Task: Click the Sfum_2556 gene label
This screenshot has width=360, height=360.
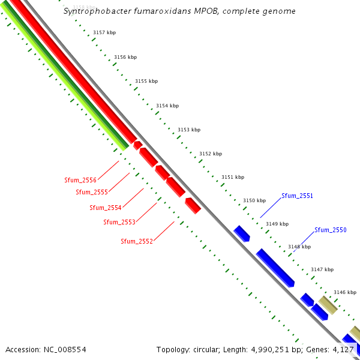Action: (x=80, y=180)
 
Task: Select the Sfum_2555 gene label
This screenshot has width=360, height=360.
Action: (x=92, y=192)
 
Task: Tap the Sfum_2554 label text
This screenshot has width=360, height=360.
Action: (x=106, y=208)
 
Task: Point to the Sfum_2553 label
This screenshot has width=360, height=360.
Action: (x=119, y=222)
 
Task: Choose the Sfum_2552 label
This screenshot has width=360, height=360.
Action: (x=137, y=241)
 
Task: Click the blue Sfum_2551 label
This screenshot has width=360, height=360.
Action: (x=298, y=196)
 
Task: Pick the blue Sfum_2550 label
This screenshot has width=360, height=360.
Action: (x=331, y=230)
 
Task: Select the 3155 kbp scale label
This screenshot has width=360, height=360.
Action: (x=146, y=81)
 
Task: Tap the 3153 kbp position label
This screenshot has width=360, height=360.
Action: (x=189, y=130)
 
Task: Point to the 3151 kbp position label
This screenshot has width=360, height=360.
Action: (x=233, y=177)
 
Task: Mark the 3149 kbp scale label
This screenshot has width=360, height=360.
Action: (x=277, y=224)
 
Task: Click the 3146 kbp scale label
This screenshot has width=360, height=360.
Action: (x=345, y=292)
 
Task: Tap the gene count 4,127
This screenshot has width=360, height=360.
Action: (x=344, y=349)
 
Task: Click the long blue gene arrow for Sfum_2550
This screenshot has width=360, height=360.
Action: (x=275, y=268)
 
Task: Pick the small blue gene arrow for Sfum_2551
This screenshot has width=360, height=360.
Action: (x=242, y=233)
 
